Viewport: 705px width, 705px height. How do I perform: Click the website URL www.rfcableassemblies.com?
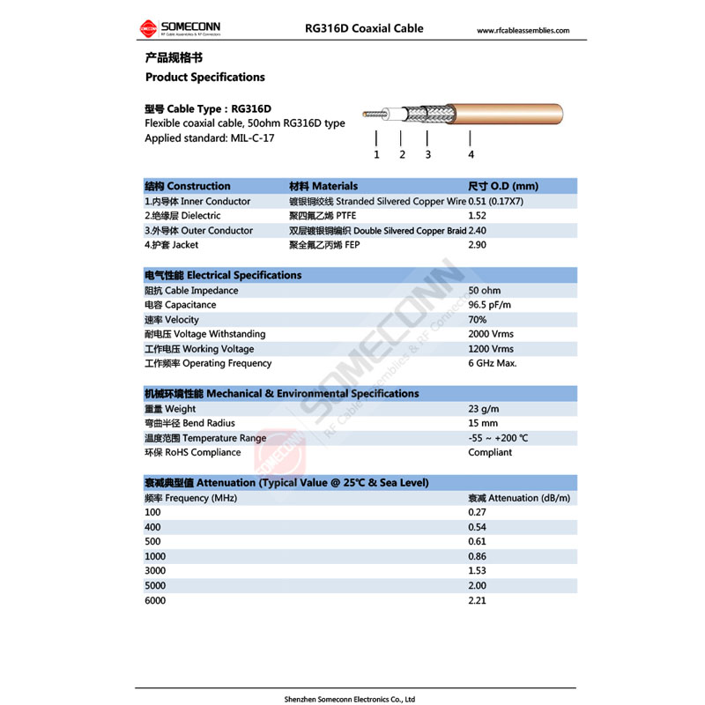point(523,31)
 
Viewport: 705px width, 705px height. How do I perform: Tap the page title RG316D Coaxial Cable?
point(364,28)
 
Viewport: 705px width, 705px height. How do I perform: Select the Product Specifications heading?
point(204,78)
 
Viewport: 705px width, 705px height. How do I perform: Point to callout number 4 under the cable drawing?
point(471,155)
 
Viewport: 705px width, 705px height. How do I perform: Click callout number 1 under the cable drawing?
point(376,155)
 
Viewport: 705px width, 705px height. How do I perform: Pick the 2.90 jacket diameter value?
point(477,245)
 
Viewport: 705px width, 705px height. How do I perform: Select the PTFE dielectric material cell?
point(321,216)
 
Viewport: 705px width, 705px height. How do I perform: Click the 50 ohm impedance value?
point(485,291)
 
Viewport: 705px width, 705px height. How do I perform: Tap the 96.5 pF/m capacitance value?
point(489,305)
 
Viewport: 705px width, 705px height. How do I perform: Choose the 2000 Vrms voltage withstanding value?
point(491,334)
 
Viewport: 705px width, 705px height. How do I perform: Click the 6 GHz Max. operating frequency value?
point(492,363)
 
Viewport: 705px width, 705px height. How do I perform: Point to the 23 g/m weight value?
point(484,409)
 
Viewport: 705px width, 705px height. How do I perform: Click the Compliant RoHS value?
point(490,452)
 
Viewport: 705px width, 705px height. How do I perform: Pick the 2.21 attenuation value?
point(477,601)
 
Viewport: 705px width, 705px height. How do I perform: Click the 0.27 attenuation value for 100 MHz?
point(477,512)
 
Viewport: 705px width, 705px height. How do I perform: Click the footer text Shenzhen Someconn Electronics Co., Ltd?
point(349,699)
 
